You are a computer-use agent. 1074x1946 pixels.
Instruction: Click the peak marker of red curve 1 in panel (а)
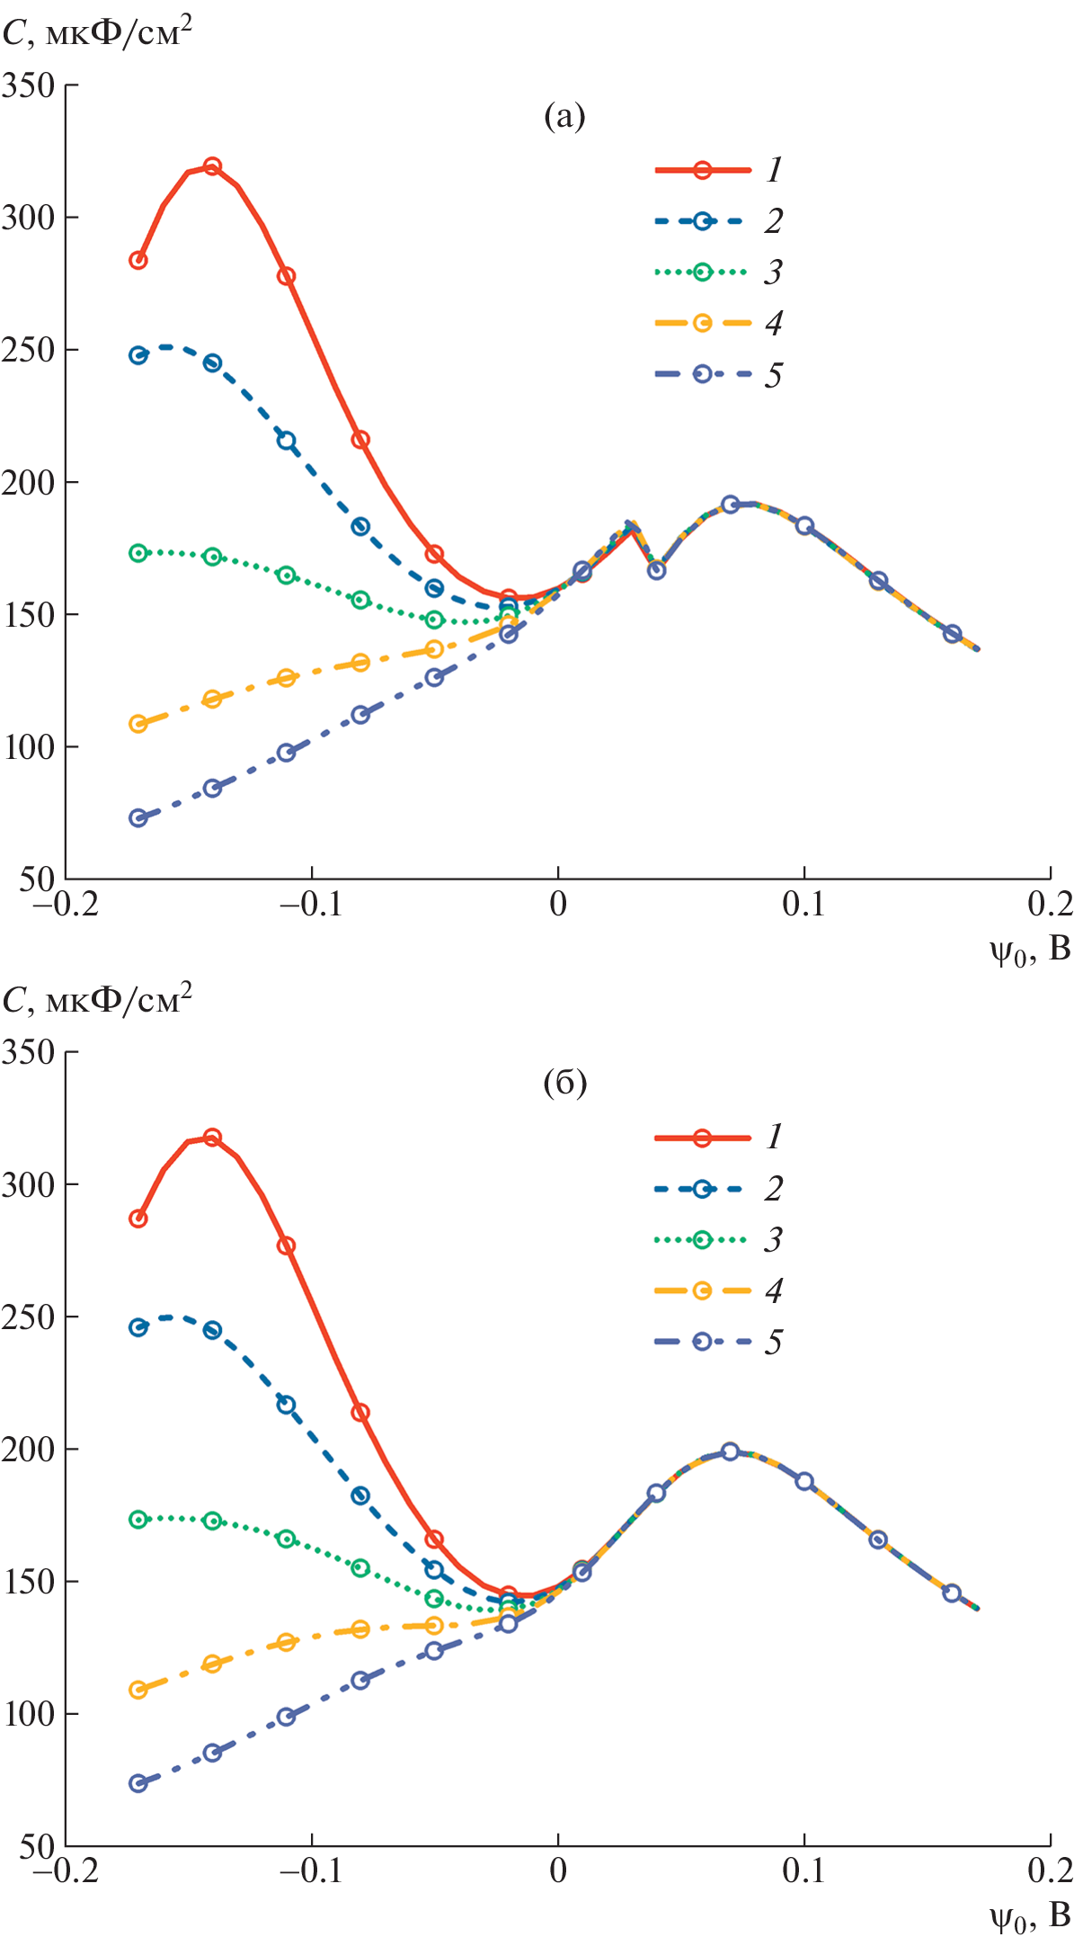212,166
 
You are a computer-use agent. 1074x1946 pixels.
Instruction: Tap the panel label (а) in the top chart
564,116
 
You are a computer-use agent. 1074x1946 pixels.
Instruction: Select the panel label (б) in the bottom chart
564,1083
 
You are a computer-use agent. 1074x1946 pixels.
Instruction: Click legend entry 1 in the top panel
719,169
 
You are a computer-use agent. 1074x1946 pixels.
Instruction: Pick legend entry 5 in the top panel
719,374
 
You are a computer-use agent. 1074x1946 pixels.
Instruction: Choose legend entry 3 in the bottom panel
719,1240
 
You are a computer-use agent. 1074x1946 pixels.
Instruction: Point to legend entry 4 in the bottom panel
719,1291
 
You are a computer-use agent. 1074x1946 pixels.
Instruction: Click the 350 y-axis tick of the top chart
29,85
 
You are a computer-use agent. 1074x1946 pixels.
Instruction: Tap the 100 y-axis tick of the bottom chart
29,1714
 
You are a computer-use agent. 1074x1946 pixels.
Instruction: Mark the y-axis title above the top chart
97,34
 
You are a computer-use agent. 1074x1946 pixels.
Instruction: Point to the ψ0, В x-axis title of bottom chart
1030,1918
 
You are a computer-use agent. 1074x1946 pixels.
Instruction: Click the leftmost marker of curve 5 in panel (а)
138,817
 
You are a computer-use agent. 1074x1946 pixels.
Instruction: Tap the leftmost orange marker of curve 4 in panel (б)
138,1690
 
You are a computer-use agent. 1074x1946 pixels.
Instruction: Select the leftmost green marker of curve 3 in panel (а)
138,553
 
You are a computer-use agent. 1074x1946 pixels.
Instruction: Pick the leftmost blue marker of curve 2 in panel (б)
138,1327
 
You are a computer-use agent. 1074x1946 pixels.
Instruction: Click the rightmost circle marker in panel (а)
953,634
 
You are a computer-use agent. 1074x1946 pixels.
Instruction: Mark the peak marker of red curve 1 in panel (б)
212,1138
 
